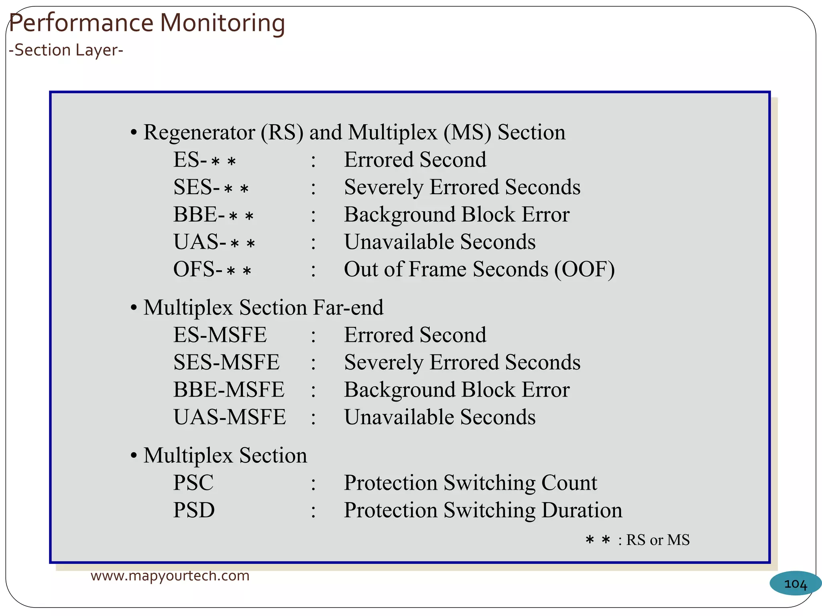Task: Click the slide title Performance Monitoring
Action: pyautogui.click(x=146, y=23)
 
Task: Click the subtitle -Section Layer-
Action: pyautogui.click(x=66, y=50)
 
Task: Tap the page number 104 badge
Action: pyautogui.click(x=795, y=584)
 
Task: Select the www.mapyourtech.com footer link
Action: pyautogui.click(x=170, y=575)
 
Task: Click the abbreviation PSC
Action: pyautogui.click(x=193, y=482)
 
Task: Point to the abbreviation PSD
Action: pyautogui.click(x=194, y=510)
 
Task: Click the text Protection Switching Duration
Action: pyautogui.click(x=483, y=510)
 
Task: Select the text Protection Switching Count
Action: pyautogui.click(x=470, y=482)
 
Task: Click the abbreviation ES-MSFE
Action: pyautogui.click(x=220, y=335)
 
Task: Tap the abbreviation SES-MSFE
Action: pyautogui.click(x=226, y=362)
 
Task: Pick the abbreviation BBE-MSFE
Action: pyautogui.click(x=229, y=389)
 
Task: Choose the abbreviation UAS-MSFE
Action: pyautogui.click(x=230, y=417)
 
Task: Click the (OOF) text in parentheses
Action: pyautogui.click(x=584, y=269)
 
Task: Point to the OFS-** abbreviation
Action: pyautogui.click(x=212, y=269)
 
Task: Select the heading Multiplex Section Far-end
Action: pyautogui.click(x=263, y=308)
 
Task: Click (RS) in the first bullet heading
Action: pyautogui.click(x=282, y=132)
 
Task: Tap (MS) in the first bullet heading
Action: pyautogui.click(x=467, y=132)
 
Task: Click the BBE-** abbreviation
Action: pyautogui.click(x=213, y=215)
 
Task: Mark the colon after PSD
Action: pyautogui.click(x=313, y=511)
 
